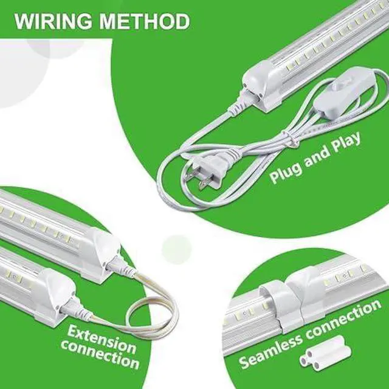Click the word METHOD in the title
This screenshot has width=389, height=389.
point(145,22)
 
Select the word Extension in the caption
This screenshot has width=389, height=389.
point(102,338)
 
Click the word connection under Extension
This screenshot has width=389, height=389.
point(100,355)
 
